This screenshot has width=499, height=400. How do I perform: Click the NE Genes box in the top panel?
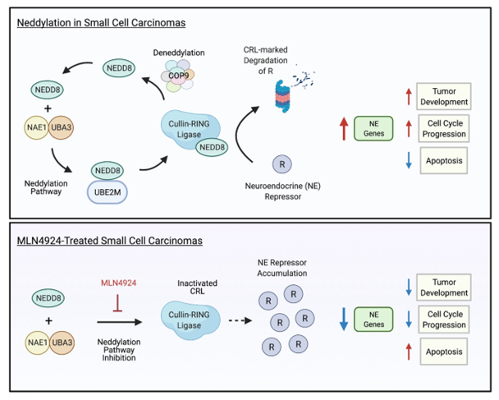point(374,128)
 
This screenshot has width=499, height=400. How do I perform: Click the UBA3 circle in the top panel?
point(68,129)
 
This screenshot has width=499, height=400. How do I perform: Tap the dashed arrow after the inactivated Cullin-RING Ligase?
point(237,321)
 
